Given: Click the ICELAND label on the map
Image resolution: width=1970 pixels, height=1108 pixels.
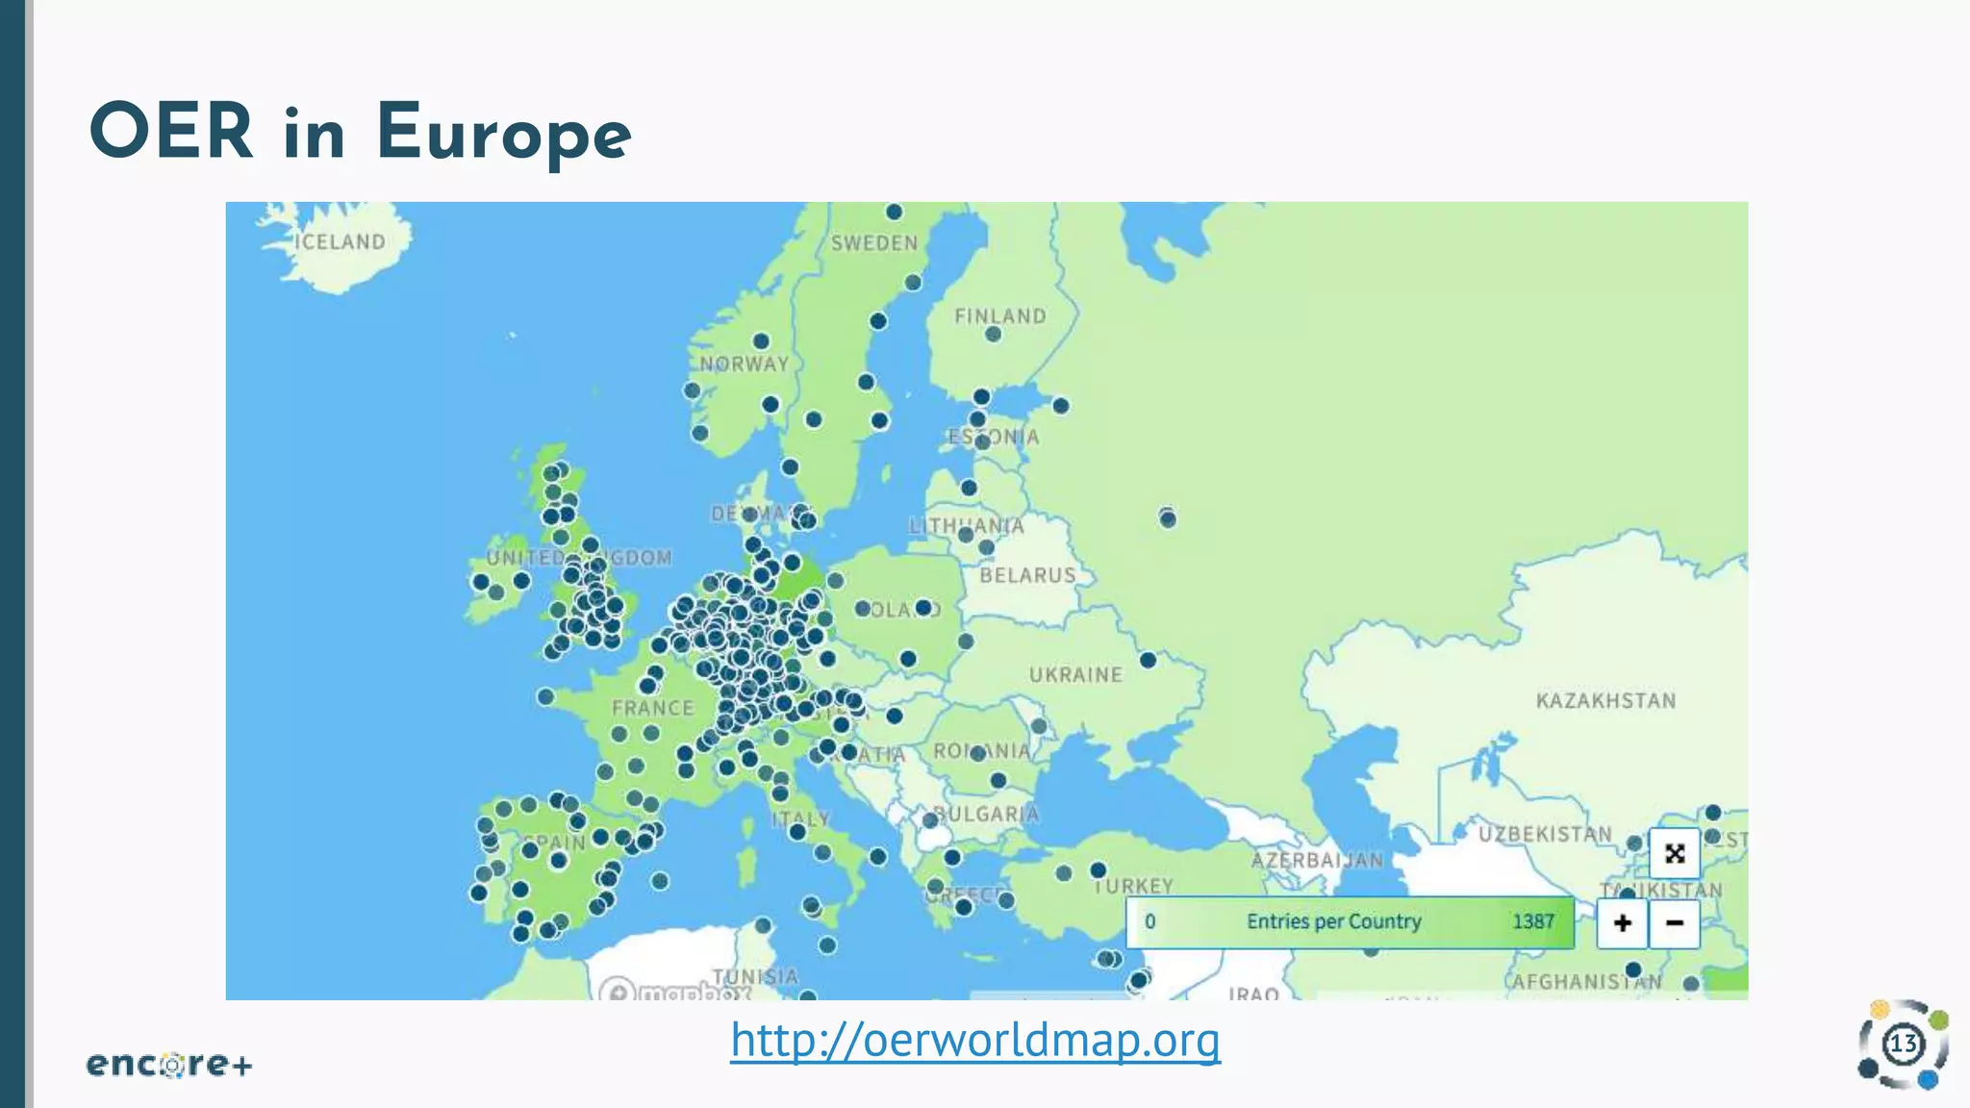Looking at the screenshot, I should (340, 241).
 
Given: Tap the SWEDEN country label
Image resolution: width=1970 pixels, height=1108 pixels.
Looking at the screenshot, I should (874, 243).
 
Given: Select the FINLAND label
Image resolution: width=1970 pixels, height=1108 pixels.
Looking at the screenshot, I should (999, 315).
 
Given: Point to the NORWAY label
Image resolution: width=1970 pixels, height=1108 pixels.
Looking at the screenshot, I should (745, 364).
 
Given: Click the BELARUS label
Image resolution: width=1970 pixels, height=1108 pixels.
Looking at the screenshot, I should (1027, 575).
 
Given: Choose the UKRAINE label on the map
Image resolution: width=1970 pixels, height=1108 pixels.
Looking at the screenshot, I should (1075, 675).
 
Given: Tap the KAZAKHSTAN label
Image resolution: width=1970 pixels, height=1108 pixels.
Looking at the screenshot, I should (1605, 700).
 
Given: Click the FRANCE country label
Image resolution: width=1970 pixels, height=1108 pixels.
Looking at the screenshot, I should (652, 708).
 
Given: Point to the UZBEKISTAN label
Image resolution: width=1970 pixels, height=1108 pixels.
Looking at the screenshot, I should (1545, 834).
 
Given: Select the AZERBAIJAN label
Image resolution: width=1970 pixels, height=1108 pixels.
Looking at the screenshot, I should (1317, 860).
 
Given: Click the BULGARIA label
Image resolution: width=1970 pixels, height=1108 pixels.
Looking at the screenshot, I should (988, 814).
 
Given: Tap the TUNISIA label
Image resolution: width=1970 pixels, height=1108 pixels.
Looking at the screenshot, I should (755, 976).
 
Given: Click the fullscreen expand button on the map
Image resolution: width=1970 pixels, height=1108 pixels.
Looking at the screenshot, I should (1675, 853).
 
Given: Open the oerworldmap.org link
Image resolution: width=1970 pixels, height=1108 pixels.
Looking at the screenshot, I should (975, 1040).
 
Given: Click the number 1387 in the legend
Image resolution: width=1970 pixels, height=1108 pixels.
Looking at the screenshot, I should (1533, 921).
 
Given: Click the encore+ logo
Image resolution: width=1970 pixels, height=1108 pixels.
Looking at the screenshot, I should (169, 1065).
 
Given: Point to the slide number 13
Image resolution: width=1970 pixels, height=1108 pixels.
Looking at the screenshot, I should (1903, 1045).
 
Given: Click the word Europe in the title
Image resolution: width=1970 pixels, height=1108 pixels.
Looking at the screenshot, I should (503, 133).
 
